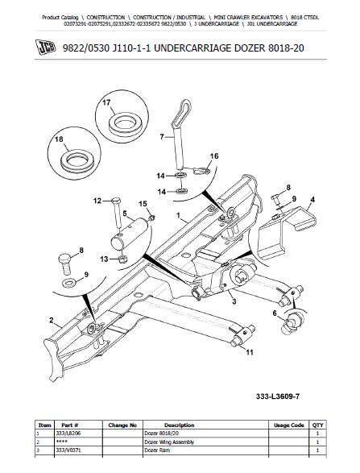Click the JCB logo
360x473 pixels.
point(46,48)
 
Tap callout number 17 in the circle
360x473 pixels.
point(106,103)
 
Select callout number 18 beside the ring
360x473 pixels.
point(59,139)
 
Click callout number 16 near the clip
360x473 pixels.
point(214,156)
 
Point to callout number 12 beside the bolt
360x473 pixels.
point(97,201)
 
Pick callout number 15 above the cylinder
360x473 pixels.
point(143,204)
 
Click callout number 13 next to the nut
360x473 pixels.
point(104,259)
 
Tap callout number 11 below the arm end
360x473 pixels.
point(250,352)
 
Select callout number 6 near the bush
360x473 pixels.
point(275,313)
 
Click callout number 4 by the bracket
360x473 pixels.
point(312,200)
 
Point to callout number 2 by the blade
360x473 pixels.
point(52,321)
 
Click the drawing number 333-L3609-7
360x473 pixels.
point(278,396)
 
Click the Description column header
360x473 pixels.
point(179,425)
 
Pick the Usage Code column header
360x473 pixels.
point(288,425)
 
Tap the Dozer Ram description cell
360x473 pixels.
point(157,450)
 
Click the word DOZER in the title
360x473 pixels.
point(250,48)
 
